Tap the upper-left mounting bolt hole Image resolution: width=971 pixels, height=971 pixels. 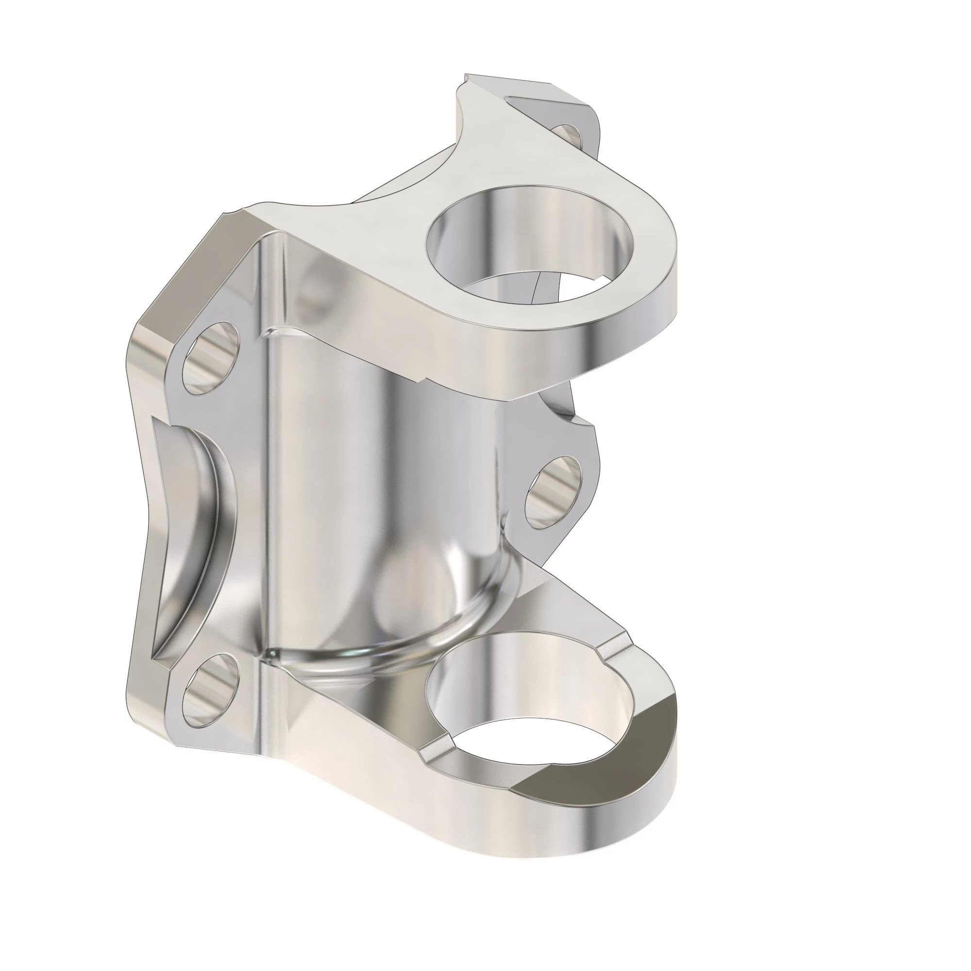point(209,357)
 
